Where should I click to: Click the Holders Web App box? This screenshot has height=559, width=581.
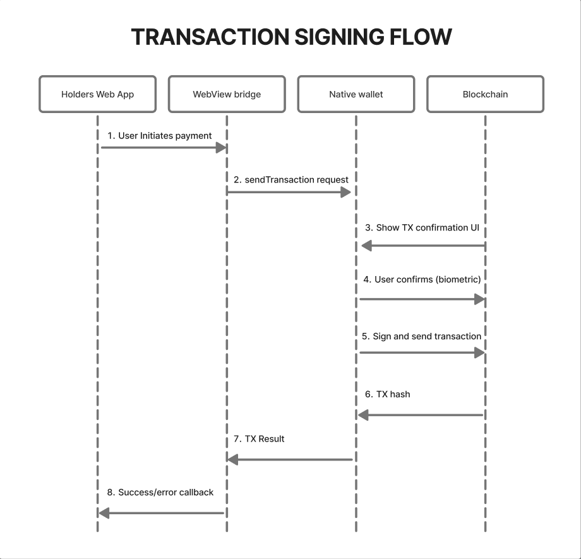(97, 94)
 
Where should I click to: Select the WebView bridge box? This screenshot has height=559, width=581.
(227, 94)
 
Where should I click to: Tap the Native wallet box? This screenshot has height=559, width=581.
(356, 94)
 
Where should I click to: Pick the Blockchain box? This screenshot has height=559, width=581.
(486, 94)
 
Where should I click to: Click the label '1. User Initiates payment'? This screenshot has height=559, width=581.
(159, 136)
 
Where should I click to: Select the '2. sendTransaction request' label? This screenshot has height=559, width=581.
(291, 180)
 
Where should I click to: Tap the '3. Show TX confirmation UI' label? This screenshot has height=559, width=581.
(422, 227)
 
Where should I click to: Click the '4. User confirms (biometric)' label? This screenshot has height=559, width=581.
(422, 279)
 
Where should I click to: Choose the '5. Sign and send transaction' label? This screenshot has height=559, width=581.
(421, 336)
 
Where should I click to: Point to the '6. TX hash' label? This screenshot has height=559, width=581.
(388, 394)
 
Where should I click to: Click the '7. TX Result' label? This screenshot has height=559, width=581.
(259, 439)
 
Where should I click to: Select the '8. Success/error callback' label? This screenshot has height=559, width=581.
(160, 492)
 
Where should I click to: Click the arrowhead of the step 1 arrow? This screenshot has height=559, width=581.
(221, 148)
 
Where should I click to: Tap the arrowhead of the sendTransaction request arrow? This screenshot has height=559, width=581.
(345, 192)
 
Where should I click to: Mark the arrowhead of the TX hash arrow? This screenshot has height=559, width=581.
(363, 415)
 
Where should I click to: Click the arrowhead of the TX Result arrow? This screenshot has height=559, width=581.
(232, 460)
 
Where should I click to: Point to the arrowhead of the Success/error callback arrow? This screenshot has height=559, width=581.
(104, 514)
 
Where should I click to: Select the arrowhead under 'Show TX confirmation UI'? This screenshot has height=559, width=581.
(367, 246)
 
